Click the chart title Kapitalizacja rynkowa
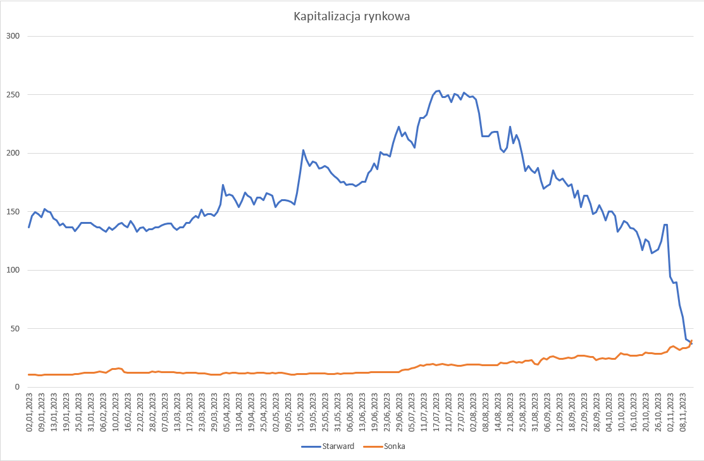click(352, 17)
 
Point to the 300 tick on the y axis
click(13, 36)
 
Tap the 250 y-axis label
click(13, 95)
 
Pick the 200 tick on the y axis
click(13, 153)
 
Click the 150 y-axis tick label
click(13, 212)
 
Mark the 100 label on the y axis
click(13, 270)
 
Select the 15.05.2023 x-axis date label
click(301, 412)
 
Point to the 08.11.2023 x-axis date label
click(683, 412)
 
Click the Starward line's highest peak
click(438, 90)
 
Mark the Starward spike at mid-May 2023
click(303, 150)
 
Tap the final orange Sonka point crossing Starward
click(691, 341)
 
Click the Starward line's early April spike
click(223, 185)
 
